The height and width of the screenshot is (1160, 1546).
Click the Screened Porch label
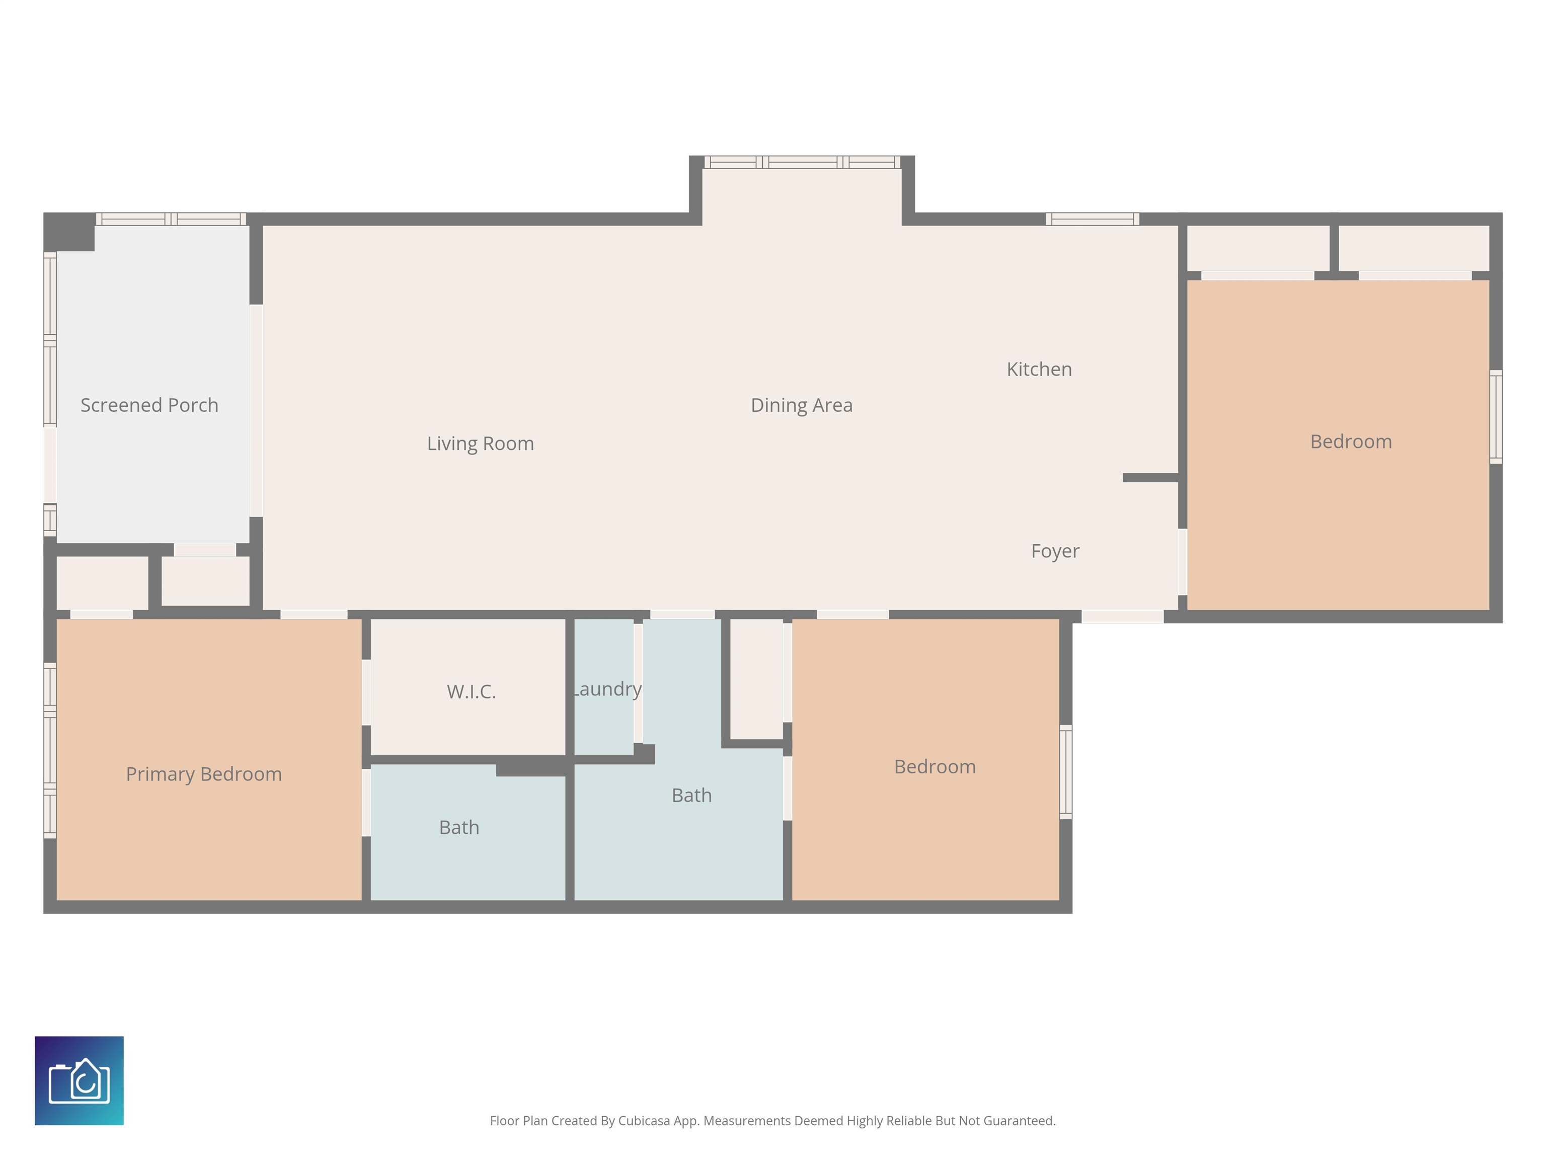click(149, 405)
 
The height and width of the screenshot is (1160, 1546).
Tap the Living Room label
click(480, 443)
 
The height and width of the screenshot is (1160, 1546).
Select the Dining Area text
click(801, 405)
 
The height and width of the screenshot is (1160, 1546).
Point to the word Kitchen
click(1039, 369)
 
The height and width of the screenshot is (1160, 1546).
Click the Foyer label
click(1055, 551)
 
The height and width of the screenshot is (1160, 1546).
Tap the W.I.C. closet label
click(471, 692)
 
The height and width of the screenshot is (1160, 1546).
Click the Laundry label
click(606, 689)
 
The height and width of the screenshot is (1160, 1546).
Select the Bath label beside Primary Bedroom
click(459, 827)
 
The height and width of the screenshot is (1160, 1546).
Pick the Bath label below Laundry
click(691, 795)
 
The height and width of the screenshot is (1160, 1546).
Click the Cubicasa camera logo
click(79, 1080)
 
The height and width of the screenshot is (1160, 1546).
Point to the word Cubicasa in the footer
click(644, 1121)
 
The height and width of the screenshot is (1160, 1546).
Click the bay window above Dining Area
click(802, 162)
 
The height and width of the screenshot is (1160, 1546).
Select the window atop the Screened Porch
click(171, 219)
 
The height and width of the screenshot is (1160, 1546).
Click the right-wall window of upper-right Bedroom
click(1496, 417)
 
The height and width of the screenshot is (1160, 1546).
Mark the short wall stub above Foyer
click(1150, 478)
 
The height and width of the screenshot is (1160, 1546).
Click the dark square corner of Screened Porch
click(69, 232)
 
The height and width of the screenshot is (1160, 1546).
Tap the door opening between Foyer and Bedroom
click(1183, 561)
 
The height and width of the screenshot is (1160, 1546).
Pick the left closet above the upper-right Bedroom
click(1258, 248)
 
